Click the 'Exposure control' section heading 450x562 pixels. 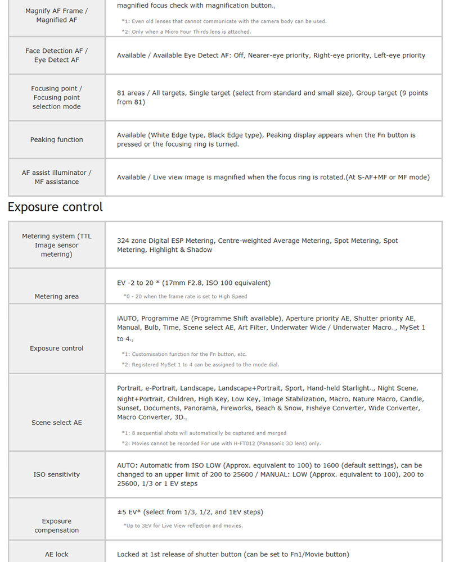[55, 207]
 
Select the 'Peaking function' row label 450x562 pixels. [56, 139]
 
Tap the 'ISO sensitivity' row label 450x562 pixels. [56, 474]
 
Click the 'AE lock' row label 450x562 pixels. [56, 554]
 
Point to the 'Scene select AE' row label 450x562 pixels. [56, 423]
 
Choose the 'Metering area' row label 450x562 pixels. [56, 296]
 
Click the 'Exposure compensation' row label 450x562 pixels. [56, 525]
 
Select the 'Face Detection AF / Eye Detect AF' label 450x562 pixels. [56, 55]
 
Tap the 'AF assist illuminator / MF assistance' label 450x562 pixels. [56, 177]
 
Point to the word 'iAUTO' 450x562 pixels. [127, 318]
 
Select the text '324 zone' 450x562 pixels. [133, 241]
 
